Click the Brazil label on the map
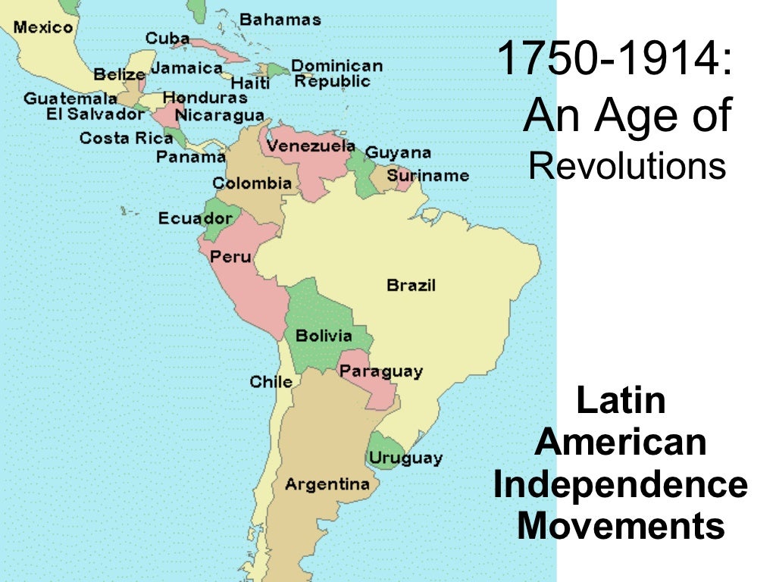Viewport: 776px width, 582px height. click(x=411, y=286)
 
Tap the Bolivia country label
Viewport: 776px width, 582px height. click(x=324, y=335)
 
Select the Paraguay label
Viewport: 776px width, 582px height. click(x=380, y=371)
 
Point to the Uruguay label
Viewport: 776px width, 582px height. click(x=405, y=458)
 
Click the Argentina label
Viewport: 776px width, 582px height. click(x=327, y=483)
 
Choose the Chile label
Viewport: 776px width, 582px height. click(x=271, y=382)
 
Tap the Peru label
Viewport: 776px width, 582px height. click(x=230, y=257)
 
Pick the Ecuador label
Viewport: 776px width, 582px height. click(x=196, y=218)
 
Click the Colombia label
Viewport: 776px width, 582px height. click(x=252, y=183)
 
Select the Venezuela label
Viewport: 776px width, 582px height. click(x=311, y=145)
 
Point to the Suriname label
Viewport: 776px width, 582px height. click(x=427, y=175)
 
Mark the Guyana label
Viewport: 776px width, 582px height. click(x=398, y=152)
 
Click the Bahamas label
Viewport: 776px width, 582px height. click(x=280, y=20)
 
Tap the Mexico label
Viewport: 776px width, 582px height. click(x=43, y=27)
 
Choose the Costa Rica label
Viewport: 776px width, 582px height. click(x=115, y=138)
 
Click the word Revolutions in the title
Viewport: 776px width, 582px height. click(x=627, y=166)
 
